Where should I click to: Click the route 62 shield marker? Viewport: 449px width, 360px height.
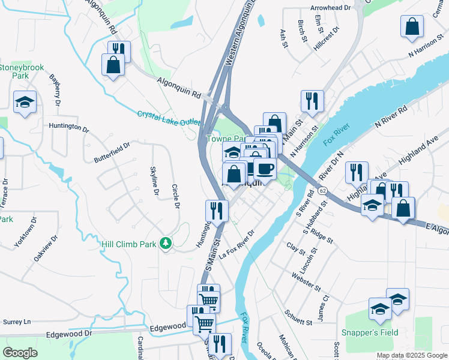click(x=323, y=191)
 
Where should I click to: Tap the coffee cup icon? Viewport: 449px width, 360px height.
click(x=265, y=168)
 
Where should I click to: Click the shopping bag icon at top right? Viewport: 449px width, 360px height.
click(x=412, y=26)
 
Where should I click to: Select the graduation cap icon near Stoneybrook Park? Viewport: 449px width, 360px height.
click(x=25, y=102)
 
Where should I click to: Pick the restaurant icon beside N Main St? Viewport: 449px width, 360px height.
click(x=312, y=100)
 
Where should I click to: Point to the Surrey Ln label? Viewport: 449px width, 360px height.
click(x=18, y=322)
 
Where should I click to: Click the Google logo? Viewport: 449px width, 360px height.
click(x=20, y=353)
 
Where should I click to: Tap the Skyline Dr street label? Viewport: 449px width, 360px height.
click(x=154, y=180)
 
